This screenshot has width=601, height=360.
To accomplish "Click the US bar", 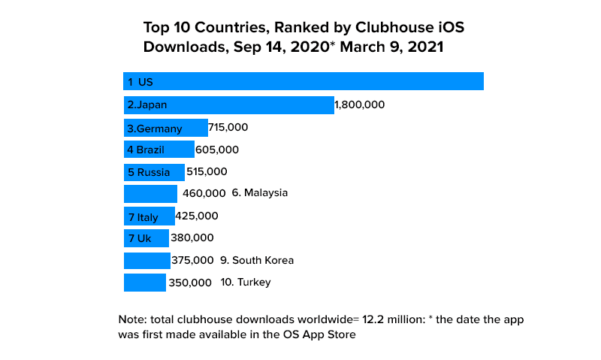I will point(303,81).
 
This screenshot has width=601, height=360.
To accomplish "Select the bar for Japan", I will point(228,105).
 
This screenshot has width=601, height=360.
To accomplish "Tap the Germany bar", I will point(165,128).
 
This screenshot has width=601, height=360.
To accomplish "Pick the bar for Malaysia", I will point(150,193).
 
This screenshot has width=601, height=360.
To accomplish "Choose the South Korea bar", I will point(146,261).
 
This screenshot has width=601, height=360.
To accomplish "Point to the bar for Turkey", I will point(144,283).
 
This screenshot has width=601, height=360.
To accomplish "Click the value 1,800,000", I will point(359,105).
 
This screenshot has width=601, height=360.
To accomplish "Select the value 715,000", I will point(228,128).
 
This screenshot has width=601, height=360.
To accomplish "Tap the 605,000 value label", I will point(216,150).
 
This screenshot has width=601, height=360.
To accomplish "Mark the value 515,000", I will point(206,171).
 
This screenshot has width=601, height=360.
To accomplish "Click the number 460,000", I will point(204,193).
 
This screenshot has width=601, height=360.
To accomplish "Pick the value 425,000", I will point(196,216).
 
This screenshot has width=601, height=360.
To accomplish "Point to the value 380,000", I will point(192,237).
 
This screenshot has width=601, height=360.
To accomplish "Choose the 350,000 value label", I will point(190,283).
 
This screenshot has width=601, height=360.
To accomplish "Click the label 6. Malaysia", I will point(260,193).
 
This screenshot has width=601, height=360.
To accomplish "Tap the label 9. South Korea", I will point(257,261).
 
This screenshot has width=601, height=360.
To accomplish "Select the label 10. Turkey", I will point(246,283).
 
